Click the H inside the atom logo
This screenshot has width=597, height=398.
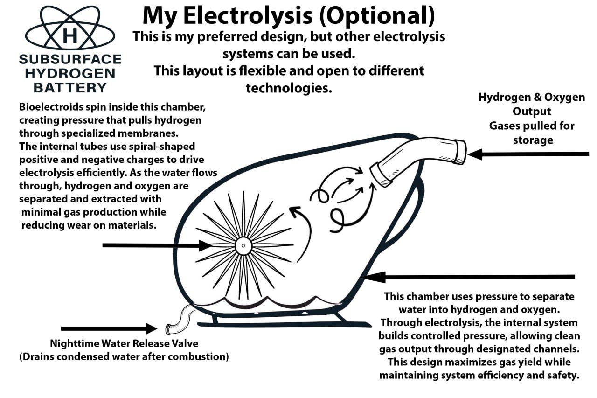pyautogui.click(x=70, y=35)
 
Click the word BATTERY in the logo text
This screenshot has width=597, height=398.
pyautogui.click(x=70, y=87)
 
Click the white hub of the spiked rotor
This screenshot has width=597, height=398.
pyautogui.click(x=243, y=246)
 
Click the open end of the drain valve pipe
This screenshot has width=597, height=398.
pyautogui.click(x=168, y=329)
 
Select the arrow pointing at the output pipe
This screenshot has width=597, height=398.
pyautogui.click(x=527, y=154)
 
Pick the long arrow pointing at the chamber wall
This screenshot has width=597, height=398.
pyautogui.click(x=466, y=277)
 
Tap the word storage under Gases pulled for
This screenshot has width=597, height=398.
pyautogui.click(x=533, y=140)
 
